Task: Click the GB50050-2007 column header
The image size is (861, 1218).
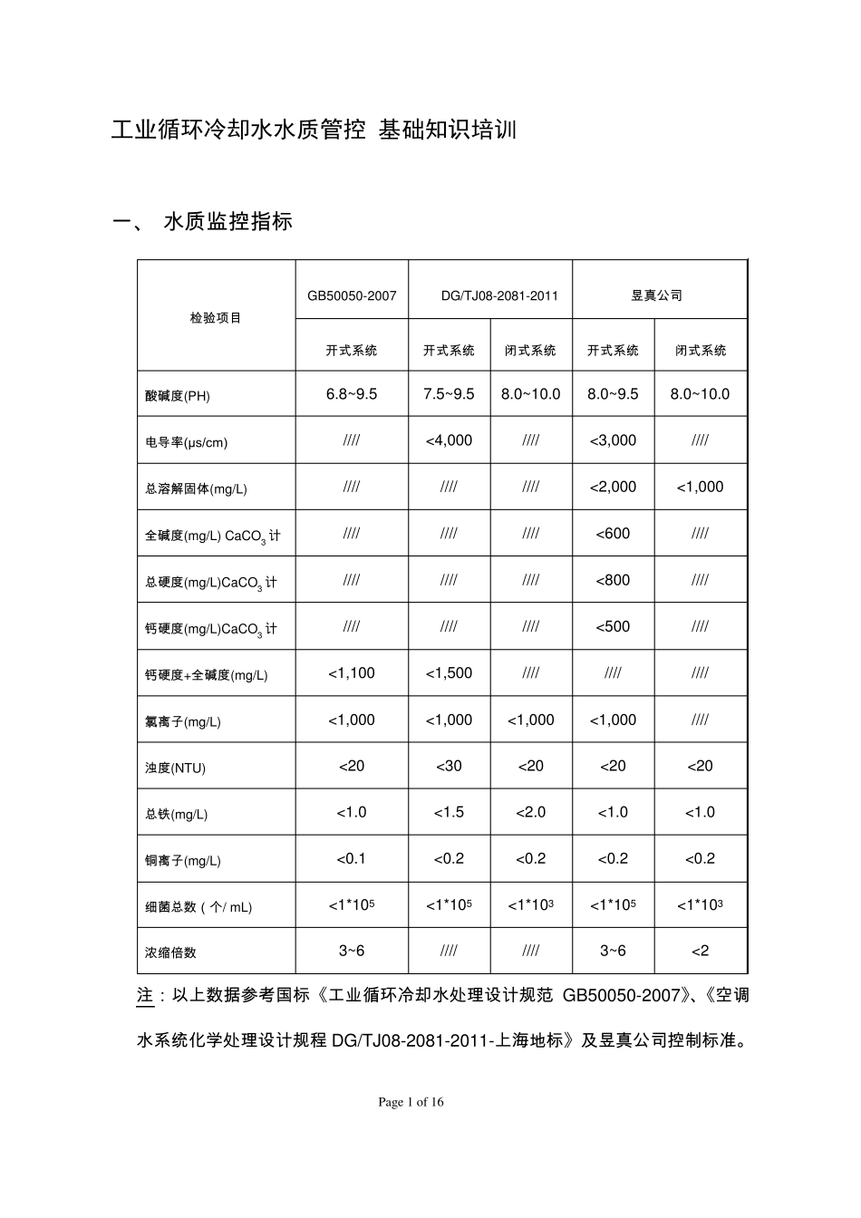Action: point(352,295)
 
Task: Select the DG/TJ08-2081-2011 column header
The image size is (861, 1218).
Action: point(499,295)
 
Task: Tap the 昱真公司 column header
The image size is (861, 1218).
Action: point(657,295)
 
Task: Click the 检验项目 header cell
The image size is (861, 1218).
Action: point(216,318)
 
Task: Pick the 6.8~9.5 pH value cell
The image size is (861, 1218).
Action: point(352,394)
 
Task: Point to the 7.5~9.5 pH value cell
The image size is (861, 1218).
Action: point(449,394)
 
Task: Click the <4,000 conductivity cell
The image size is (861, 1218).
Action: point(449,440)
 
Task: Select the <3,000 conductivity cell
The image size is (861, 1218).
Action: point(613,440)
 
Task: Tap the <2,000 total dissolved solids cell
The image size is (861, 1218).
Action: point(613,487)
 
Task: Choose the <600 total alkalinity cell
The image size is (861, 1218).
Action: point(613,534)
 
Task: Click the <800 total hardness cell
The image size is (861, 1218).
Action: point(613,580)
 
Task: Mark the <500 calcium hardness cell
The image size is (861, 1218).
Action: point(613,626)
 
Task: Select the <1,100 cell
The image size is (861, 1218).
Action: point(352,673)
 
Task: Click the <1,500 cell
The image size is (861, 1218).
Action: point(449,673)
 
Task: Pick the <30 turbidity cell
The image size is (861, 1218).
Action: point(449,766)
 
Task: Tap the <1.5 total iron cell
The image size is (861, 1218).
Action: point(449,812)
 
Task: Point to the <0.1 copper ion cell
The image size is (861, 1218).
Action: point(352,858)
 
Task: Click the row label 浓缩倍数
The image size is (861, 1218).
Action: point(170,952)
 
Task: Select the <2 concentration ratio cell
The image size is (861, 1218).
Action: point(700,951)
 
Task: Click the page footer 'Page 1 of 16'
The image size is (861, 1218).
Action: point(411,1102)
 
